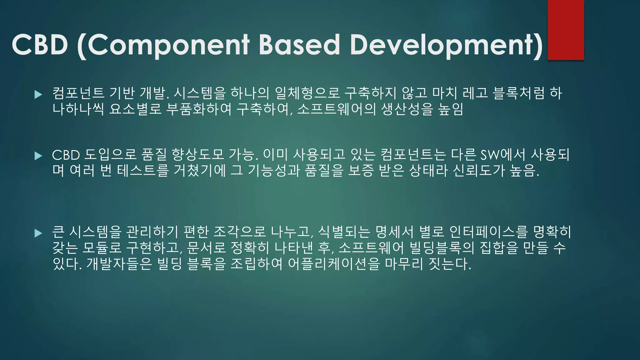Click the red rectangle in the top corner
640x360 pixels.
566,30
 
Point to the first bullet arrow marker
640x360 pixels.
38,94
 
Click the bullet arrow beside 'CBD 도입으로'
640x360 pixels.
38,156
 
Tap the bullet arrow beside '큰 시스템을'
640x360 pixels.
38,233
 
